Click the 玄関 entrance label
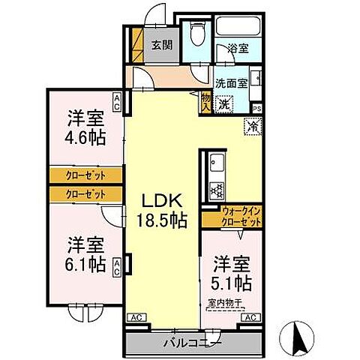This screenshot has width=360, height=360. point(161,45)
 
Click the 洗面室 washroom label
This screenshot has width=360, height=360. point(231,83)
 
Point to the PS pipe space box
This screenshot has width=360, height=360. point(257,107)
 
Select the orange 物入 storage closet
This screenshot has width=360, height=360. point(205,101)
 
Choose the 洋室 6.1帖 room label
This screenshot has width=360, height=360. point(85,254)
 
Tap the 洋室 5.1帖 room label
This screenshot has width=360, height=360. point(232,275)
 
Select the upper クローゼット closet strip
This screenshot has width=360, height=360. point(85,175)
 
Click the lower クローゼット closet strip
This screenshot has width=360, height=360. point(85,193)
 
